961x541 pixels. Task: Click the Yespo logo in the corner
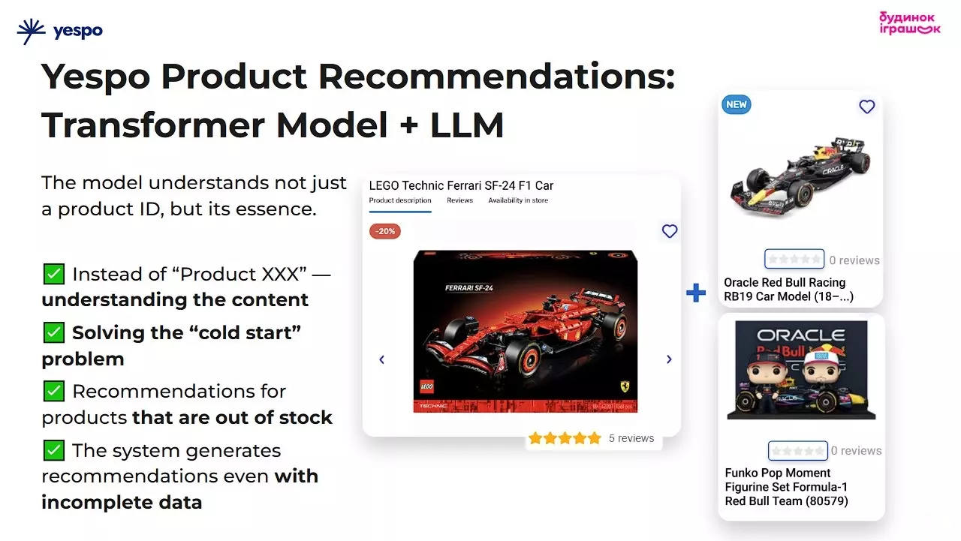click(x=59, y=32)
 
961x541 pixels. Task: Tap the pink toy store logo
click(x=909, y=23)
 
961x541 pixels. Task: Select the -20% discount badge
click(x=385, y=231)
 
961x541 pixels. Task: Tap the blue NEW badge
click(x=736, y=104)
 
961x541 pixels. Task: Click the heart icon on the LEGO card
click(x=670, y=231)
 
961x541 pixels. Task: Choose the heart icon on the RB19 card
click(x=867, y=107)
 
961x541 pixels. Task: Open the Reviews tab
click(x=459, y=200)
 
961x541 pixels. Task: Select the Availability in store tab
click(x=518, y=200)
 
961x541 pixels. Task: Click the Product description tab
click(x=400, y=200)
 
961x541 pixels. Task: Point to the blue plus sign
click(x=696, y=293)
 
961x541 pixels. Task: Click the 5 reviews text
click(x=631, y=438)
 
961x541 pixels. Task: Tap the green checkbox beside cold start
click(x=53, y=332)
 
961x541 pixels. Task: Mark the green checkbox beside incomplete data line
click(x=53, y=450)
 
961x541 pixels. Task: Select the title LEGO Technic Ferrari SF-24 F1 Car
click(x=461, y=185)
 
